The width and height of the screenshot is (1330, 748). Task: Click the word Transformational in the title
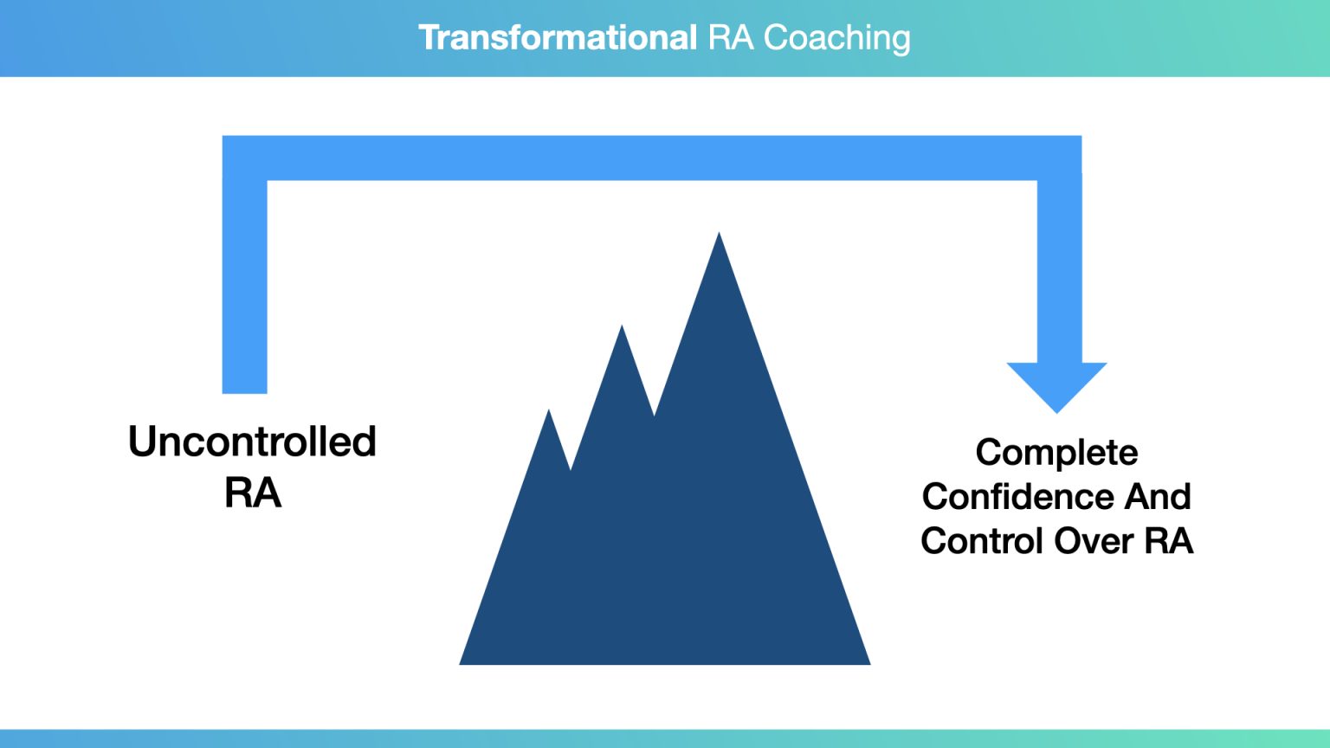click(558, 37)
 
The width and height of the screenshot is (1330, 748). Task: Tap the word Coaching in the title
click(836, 39)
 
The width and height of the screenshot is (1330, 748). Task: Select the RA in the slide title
click(730, 37)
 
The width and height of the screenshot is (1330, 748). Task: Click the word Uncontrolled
click(252, 441)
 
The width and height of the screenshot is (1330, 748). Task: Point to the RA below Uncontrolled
click(252, 492)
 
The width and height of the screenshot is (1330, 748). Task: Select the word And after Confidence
click(1157, 496)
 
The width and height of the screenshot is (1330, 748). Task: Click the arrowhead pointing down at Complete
click(1057, 387)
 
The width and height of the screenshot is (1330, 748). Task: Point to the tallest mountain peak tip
click(719, 233)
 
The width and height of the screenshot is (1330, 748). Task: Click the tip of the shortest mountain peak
click(549, 409)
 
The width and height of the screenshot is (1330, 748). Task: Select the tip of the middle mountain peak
click(622, 326)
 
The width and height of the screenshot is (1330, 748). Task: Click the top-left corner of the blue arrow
click(223, 136)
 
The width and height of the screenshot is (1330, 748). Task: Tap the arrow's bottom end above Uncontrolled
click(245, 392)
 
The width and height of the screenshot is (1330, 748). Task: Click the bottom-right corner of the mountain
click(870, 664)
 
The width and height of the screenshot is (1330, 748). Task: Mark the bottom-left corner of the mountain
click(460, 664)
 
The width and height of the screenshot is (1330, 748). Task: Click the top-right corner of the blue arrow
click(1081, 136)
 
